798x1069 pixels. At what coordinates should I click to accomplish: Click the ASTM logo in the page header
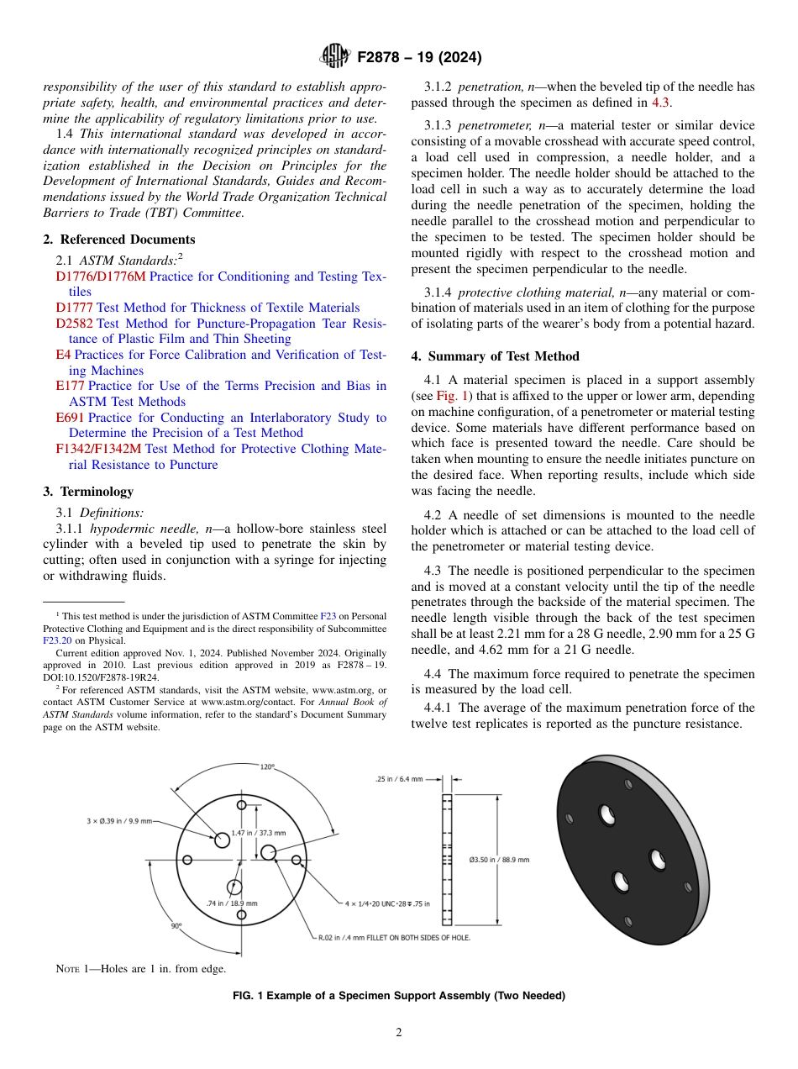pyautogui.click(x=336, y=57)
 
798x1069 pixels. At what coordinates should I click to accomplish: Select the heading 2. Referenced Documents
pyautogui.click(x=119, y=240)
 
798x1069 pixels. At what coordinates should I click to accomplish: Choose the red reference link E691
pyautogui.click(x=70, y=418)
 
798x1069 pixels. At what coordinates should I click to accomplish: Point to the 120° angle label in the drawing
pyautogui.click(x=267, y=766)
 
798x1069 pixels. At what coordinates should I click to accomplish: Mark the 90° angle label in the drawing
pyautogui.click(x=176, y=925)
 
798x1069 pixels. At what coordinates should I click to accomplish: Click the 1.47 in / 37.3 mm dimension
pyautogui.click(x=259, y=832)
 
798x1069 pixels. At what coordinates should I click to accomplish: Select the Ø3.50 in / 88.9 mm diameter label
pyautogui.click(x=498, y=860)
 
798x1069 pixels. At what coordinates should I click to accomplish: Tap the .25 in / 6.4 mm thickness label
pyautogui.click(x=399, y=779)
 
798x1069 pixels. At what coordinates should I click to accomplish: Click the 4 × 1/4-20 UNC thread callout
pyautogui.click(x=386, y=903)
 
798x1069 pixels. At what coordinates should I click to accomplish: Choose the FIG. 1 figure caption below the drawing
pyautogui.click(x=398, y=996)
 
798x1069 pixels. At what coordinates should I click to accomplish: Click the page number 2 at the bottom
pyautogui.click(x=398, y=1033)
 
